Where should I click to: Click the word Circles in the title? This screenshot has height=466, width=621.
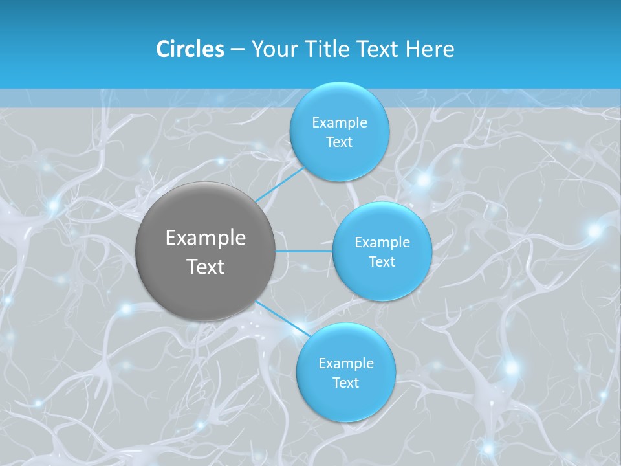point(190,49)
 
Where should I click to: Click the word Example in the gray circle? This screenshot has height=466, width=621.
point(206,238)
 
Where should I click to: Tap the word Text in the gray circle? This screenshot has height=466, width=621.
point(206,267)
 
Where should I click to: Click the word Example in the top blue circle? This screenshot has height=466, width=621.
point(339,123)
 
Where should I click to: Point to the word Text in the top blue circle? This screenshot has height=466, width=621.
point(339,142)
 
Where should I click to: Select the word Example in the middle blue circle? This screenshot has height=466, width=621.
point(382,243)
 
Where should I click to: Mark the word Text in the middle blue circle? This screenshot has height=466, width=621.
point(382,262)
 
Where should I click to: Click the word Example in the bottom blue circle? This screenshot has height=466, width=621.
point(345,364)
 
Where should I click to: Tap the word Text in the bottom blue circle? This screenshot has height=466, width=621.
point(345,383)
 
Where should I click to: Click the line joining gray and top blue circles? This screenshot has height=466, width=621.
point(279,184)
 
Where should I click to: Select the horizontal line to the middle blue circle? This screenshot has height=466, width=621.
point(304,251)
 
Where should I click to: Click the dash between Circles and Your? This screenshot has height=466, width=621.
point(237,50)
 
